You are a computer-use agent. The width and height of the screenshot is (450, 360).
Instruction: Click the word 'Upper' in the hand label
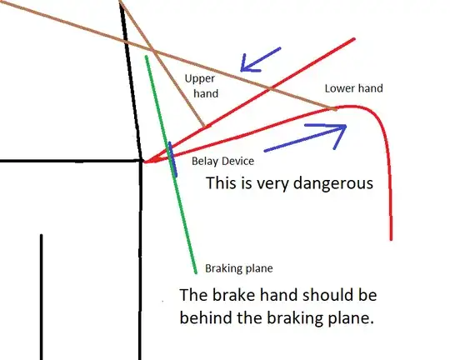coord(200,78)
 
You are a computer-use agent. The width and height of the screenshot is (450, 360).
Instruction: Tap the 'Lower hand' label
coord(354,88)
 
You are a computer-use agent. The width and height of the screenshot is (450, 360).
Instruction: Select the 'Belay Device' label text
coord(222,161)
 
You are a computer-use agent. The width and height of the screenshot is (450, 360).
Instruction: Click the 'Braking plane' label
coord(239,268)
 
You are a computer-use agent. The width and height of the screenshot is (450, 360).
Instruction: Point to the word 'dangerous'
coord(333,183)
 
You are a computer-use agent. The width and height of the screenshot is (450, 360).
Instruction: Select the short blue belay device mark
coord(172,159)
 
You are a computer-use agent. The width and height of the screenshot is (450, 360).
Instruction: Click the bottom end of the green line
coord(196,272)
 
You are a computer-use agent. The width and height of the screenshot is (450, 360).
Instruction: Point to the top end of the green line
coord(147,57)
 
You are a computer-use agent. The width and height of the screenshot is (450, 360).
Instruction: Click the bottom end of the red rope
coord(391,239)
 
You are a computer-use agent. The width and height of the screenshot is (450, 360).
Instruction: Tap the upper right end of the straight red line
coord(354,39)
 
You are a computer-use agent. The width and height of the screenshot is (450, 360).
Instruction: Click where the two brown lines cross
coord(154,52)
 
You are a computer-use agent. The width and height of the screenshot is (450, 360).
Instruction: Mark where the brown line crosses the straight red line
coord(269,88)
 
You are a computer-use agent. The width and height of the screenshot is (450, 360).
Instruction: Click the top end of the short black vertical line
coord(42,235)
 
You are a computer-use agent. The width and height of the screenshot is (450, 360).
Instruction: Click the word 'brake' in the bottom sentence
coord(233,294)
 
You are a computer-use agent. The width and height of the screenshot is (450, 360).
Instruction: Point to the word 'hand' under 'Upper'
coord(206,93)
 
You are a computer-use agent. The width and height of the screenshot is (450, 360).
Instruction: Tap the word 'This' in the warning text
coord(220,182)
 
